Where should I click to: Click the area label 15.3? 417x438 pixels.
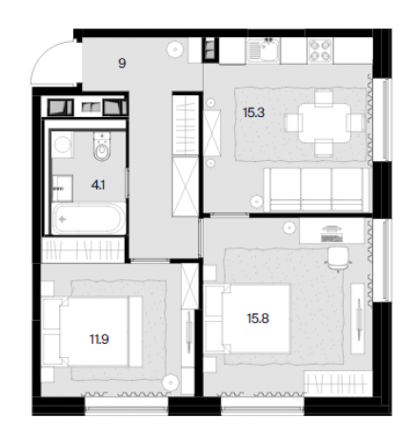(x=253, y=112)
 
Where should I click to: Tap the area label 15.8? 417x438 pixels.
(x=258, y=318)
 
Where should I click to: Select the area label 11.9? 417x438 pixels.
(x=99, y=339)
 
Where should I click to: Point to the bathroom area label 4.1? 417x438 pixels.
(x=98, y=185)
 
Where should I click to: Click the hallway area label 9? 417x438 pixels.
(x=122, y=63)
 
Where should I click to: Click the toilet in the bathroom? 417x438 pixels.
(x=102, y=147)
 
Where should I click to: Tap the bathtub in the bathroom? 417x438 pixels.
(x=89, y=219)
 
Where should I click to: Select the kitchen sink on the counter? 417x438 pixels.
(x=264, y=50)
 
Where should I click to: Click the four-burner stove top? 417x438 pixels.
(x=320, y=50)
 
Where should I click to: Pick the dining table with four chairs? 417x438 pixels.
(x=325, y=123)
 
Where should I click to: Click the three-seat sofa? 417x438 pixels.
(x=317, y=189)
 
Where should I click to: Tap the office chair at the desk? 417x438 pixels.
(x=338, y=258)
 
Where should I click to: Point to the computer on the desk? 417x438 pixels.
(x=331, y=233)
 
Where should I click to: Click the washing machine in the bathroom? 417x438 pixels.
(x=63, y=145)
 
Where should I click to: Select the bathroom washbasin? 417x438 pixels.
(x=63, y=189)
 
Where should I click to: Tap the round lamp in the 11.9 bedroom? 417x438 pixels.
(x=169, y=382)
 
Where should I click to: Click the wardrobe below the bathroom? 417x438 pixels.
(x=83, y=249)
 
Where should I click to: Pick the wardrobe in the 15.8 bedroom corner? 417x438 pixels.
(x=337, y=383)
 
